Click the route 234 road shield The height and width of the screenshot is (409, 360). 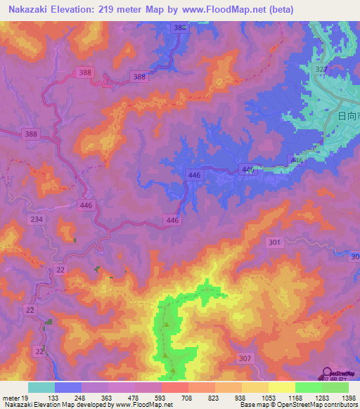click(37, 220)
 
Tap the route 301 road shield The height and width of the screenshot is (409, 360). click(275, 242)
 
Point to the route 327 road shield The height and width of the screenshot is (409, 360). click(322, 69)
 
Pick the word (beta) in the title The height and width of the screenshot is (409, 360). click(278, 9)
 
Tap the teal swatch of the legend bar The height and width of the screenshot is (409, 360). click(41, 387)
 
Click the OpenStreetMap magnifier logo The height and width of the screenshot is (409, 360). click(328, 375)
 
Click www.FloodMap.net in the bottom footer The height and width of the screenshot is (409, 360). click(145, 404)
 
